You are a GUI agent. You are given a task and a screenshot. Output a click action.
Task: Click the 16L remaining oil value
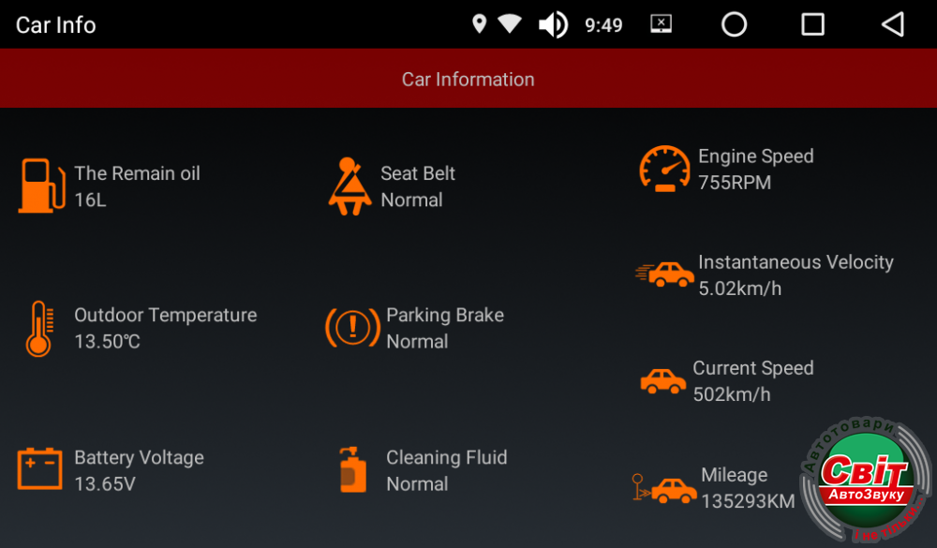tap(90, 200)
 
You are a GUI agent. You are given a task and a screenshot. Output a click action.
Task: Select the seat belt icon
tap(350, 185)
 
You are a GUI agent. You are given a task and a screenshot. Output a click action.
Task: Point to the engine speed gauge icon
tap(664, 170)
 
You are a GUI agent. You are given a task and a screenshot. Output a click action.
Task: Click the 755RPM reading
tap(735, 183)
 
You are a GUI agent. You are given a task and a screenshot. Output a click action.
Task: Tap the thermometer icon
tap(39, 329)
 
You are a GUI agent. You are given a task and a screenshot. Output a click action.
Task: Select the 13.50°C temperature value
tap(108, 341)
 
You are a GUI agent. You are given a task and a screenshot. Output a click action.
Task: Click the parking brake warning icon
tap(352, 328)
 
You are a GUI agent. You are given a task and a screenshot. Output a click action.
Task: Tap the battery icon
tap(39, 469)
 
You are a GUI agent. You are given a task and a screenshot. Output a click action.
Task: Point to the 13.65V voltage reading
tap(105, 483)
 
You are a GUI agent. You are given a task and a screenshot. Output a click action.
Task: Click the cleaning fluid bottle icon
tap(352, 469)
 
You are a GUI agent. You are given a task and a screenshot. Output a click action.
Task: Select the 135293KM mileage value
tap(748, 501)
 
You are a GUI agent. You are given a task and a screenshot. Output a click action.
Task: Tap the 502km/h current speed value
tap(732, 394)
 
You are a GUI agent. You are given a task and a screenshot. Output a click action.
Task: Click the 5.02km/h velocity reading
tap(740, 289)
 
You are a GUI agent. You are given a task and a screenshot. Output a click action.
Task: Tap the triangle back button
tap(893, 24)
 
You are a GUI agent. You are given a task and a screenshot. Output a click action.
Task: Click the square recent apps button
tap(812, 24)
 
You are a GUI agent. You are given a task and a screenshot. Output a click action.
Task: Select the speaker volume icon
tap(554, 25)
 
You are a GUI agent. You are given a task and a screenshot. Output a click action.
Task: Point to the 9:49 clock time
tap(603, 25)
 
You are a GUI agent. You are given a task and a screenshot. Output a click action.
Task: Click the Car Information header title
tap(468, 80)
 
